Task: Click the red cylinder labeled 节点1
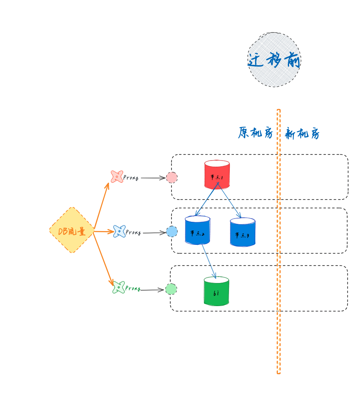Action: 217,175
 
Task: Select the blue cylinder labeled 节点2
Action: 197,230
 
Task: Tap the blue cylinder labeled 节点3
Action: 242,232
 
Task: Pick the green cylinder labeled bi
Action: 216,291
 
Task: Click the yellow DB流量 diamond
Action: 72,230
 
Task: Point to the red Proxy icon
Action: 117,177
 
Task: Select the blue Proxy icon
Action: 119,232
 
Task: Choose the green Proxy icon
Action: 118,287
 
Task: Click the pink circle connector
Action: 171,178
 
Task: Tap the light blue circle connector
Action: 171,232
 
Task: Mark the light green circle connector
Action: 171,289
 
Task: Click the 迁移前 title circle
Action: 274,60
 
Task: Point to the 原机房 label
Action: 255,133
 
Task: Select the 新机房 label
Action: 302,133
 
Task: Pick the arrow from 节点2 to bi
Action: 208,261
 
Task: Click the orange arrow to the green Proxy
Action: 103,259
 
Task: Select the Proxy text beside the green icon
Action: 133,289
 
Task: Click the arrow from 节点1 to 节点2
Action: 206,200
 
